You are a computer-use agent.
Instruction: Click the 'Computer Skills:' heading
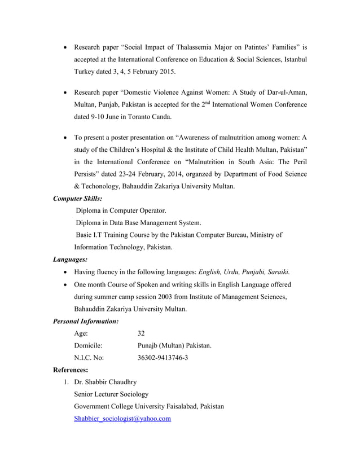tap(77, 199)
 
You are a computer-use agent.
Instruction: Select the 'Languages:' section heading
tap(71, 260)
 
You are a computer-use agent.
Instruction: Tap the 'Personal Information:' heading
tap(85, 321)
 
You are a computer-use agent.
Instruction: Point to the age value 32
tap(142, 333)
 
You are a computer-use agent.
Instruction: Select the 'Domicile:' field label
tap(88, 346)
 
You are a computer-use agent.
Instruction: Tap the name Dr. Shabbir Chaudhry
tap(105, 382)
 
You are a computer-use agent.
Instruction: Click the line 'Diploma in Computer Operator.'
tap(121, 211)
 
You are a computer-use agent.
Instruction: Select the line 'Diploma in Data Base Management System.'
tap(138, 223)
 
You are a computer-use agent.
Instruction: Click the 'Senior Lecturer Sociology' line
tap(111, 394)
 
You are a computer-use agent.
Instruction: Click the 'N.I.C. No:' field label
tap(89, 358)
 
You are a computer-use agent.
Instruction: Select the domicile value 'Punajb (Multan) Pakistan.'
tap(174, 346)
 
